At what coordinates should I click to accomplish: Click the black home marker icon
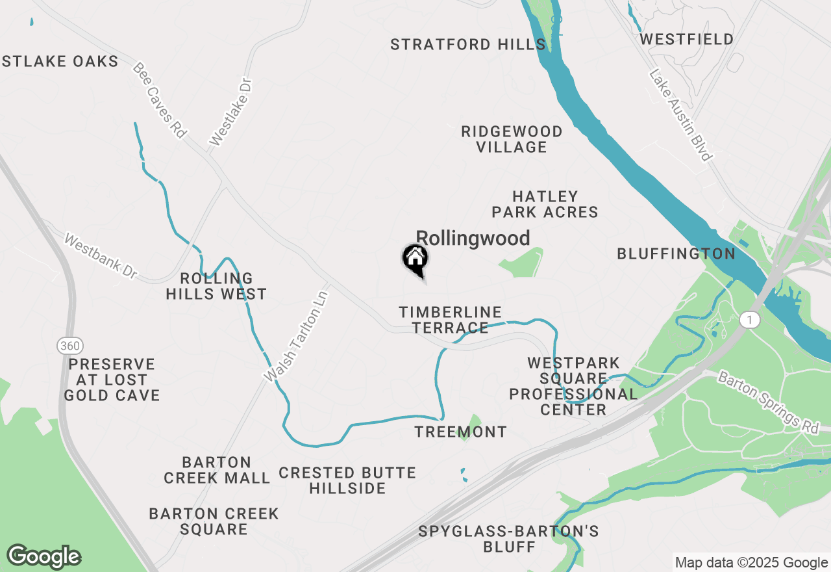(415, 259)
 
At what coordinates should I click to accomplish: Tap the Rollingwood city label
(473, 238)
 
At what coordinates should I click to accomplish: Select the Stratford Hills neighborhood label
(467, 44)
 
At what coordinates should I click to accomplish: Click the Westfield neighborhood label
(686, 39)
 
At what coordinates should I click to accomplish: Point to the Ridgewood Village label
(512, 139)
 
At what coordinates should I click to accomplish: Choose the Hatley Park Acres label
(545, 204)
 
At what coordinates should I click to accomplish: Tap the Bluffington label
(676, 253)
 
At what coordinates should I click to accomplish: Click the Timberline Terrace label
(451, 320)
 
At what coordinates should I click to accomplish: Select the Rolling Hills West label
(216, 286)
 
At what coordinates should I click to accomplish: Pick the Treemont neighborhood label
(460, 432)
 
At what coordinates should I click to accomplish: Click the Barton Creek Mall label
(217, 470)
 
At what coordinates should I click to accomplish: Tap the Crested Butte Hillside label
(347, 480)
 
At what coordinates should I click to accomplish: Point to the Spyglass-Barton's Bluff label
(508, 539)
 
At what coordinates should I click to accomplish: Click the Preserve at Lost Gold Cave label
(112, 380)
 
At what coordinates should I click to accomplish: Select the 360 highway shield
(69, 345)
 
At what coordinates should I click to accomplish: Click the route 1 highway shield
(750, 319)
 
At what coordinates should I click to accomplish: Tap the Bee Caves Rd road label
(160, 100)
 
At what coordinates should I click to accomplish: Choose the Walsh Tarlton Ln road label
(296, 335)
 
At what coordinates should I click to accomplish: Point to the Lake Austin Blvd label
(680, 116)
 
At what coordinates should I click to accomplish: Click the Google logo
(43, 556)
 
